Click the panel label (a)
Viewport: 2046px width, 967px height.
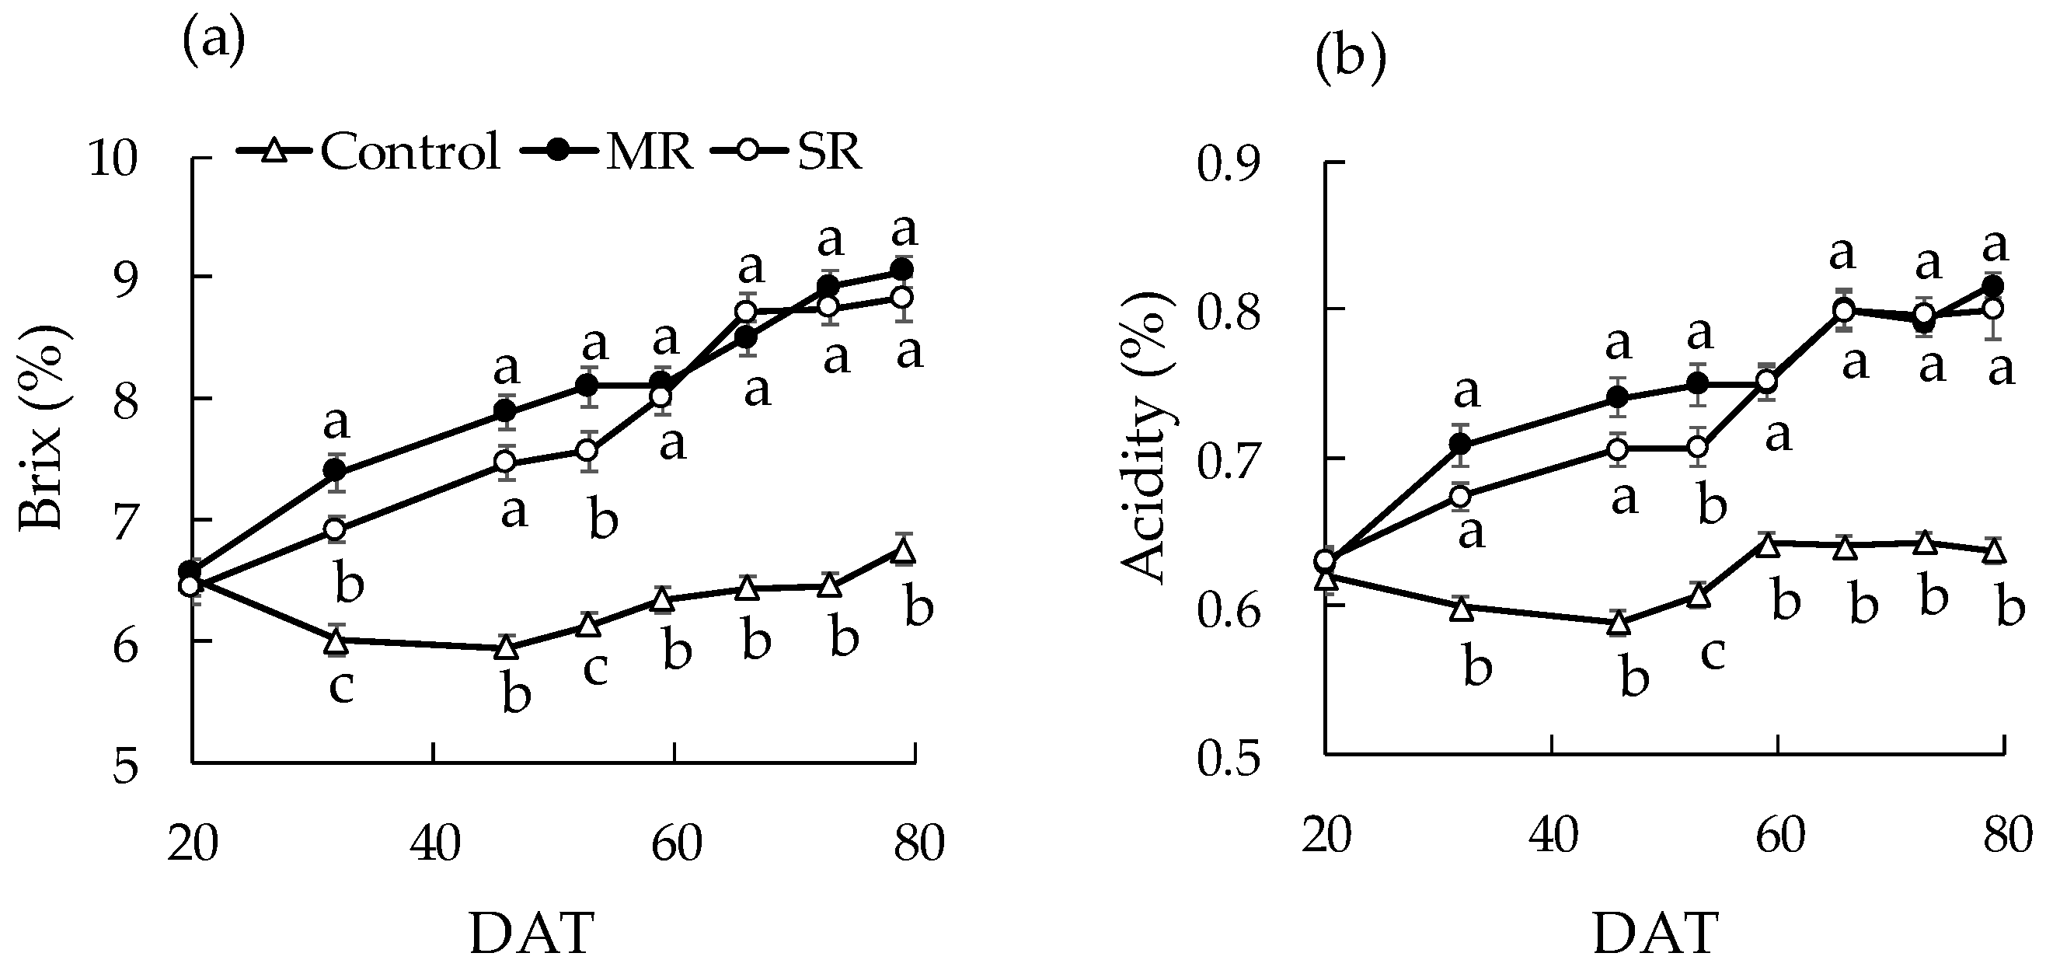213,45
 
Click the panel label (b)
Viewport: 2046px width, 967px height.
1351,61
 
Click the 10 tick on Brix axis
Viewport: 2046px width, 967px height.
113,159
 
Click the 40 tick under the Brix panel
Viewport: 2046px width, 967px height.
435,843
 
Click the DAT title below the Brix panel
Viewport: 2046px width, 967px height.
532,933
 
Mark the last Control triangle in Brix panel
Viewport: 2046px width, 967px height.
903,550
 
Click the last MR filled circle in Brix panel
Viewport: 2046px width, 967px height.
902,271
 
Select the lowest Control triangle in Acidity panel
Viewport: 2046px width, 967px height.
1619,623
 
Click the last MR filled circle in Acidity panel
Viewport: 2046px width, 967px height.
1992,286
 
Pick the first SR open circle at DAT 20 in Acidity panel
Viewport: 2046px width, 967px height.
1325,561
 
